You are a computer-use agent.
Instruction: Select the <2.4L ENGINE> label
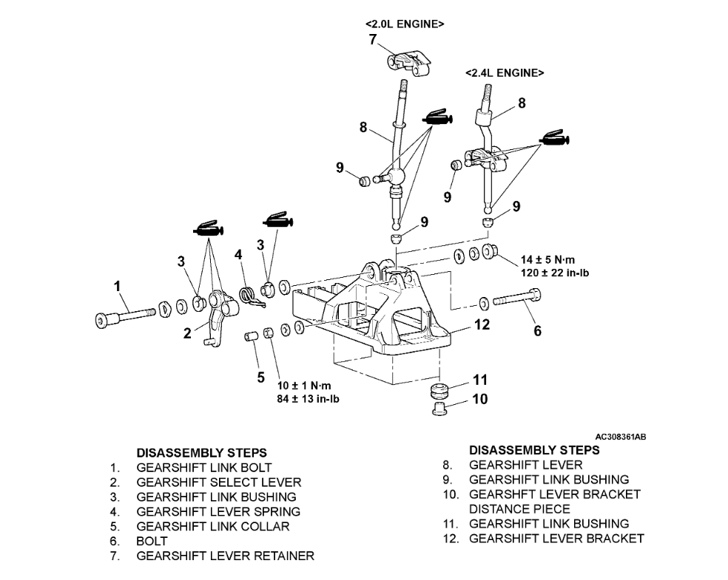(x=505, y=73)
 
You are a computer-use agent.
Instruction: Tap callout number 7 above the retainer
(x=373, y=40)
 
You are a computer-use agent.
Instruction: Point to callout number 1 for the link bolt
(x=117, y=284)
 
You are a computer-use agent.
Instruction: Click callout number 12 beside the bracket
(x=482, y=324)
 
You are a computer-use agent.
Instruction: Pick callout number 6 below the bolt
(x=537, y=331)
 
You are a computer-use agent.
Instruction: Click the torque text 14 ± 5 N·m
(x=547, y=260)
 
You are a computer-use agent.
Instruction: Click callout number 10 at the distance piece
(x=480, y=400)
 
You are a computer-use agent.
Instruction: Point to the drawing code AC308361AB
(x=620, y=437)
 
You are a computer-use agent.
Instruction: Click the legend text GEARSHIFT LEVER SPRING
(x=218, y=511)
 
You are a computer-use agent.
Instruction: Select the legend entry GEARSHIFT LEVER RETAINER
(x=225, y=556)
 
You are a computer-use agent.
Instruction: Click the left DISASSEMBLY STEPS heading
(x=201, y=452)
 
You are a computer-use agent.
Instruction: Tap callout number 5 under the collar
(x=260, y=378)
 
